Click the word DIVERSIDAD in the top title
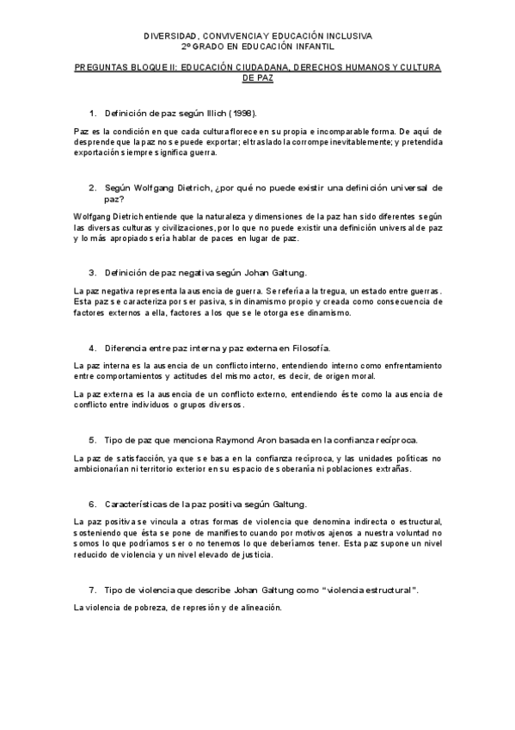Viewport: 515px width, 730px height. (169, 38)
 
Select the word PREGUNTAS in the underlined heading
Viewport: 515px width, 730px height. (100, 67)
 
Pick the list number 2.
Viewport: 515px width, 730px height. (92, 187)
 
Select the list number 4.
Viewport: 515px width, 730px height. (92, 348)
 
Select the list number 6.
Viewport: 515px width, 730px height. (92, 503)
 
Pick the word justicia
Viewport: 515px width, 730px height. (249, 555)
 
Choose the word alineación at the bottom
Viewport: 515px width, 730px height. (258, 609)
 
